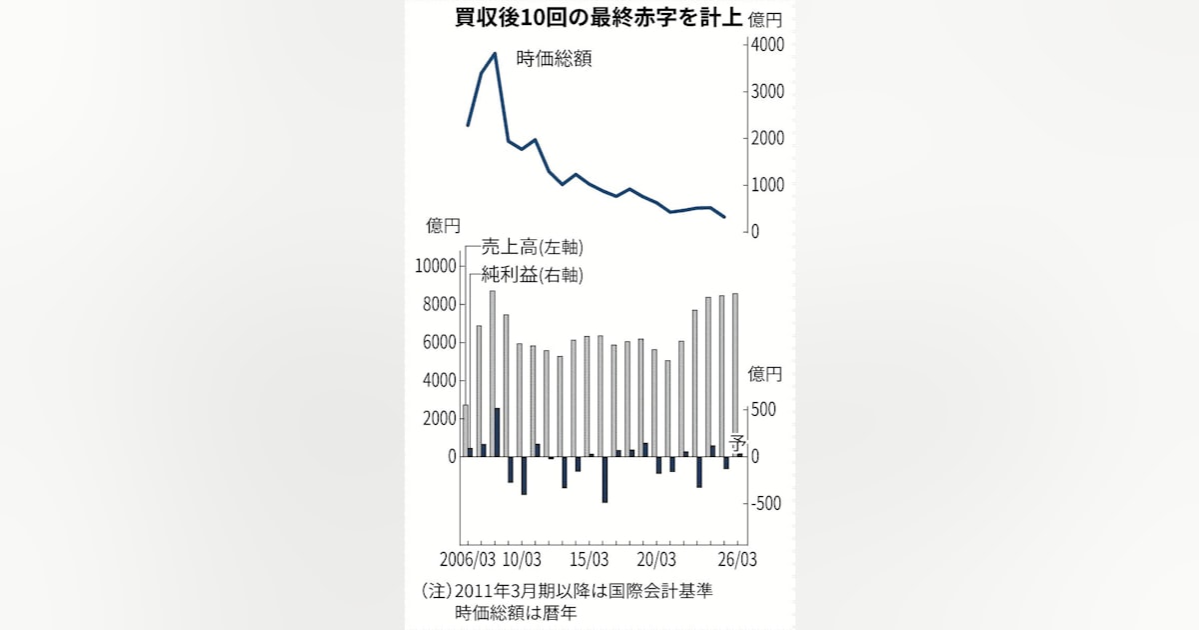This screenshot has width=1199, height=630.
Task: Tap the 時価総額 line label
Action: pyautogui.click(x=554, y=59)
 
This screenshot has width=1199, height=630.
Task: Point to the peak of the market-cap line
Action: pyautogui.click(x=495, y=53)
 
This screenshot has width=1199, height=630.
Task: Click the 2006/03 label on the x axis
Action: pyautogui.click(x=468, y=559)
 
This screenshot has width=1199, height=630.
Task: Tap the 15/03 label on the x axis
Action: pyautogui.click(x=590, y=559)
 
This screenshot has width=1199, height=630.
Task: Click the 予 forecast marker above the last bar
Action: pyautogui.click(x=738, y=443)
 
